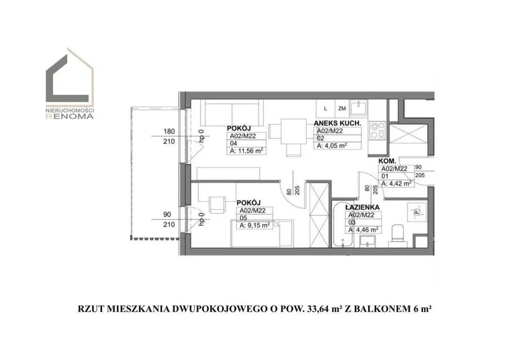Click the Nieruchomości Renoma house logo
(x=69, y=84)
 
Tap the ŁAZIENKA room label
(x=362, y=208)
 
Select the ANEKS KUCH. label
(x=337, y=123)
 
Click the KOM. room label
(x=387, y=161)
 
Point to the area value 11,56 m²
(x=247, y=151)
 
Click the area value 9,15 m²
(x=254, y=225)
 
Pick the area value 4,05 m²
(x=332, y=146)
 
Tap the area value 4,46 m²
(x=363, y=230)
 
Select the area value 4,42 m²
(x=397, y=183)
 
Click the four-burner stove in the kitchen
(x=377, y=130)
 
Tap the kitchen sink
(x=359, y=108)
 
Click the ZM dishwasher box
(x=342, y=108)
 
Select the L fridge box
(x=325, y=108)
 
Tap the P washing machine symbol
(x=417, y=212)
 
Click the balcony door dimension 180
(x=169, y=131)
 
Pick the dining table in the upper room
(x=293, y=131)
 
